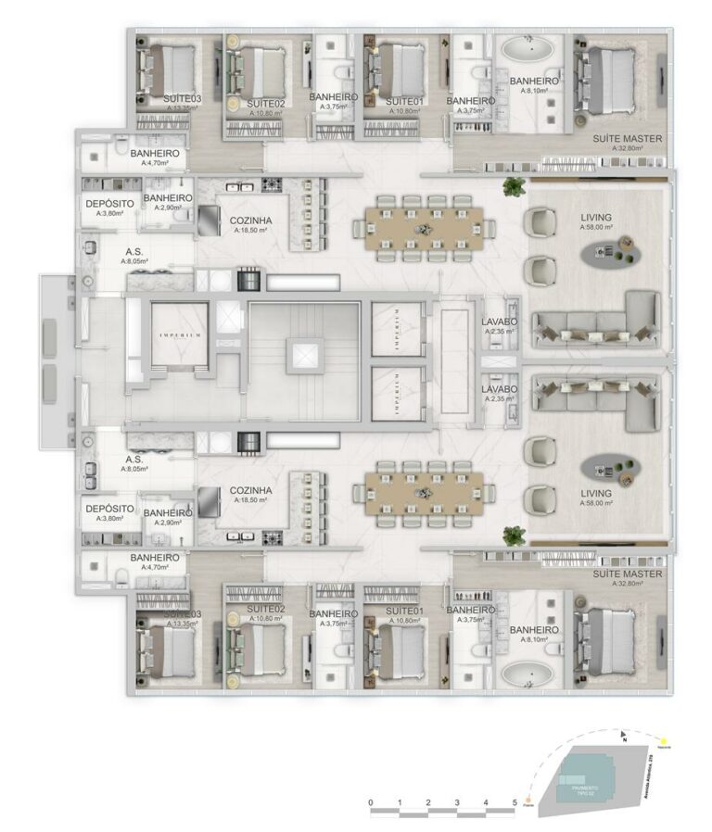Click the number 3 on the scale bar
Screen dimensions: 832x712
(x=457, y=802)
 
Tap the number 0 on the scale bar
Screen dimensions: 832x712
(x=370, y=802)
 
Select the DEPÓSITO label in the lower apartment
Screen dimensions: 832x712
(x=109, y=510)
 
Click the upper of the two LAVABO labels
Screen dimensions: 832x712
(x=499, y=322)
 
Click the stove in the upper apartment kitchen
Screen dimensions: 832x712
(x=273, y=184)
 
